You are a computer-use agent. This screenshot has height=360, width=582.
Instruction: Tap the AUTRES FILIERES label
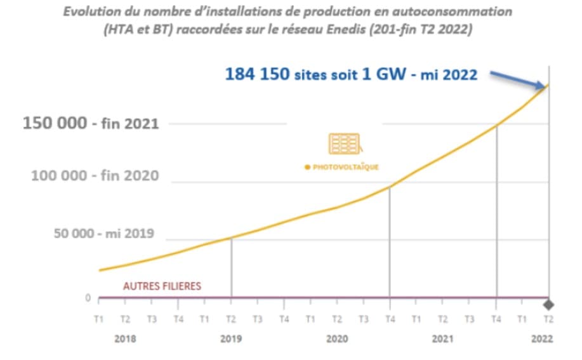coord(162,286)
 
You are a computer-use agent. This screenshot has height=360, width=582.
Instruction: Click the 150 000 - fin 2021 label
coord(91,123)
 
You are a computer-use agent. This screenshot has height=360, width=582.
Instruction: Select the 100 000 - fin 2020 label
coord(95,175)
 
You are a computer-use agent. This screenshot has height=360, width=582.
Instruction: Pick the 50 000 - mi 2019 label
coord(103,234)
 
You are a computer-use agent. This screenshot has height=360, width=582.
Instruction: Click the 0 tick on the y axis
coord(88,298)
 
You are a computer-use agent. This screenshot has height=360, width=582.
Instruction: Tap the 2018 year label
coord(125,339)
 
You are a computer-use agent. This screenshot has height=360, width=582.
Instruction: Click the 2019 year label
coord(231,339)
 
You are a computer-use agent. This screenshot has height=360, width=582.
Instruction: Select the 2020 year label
coord(337,339)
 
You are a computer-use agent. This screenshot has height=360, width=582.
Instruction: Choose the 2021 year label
coord(443,339)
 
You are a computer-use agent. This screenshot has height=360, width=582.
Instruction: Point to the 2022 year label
coord(542,339)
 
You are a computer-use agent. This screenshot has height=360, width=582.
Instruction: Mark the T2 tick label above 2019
coord(231,319)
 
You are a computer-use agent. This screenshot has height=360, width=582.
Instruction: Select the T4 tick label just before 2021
coord(390,319)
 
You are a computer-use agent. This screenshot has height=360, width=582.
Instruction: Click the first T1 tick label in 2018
coord(99,319)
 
